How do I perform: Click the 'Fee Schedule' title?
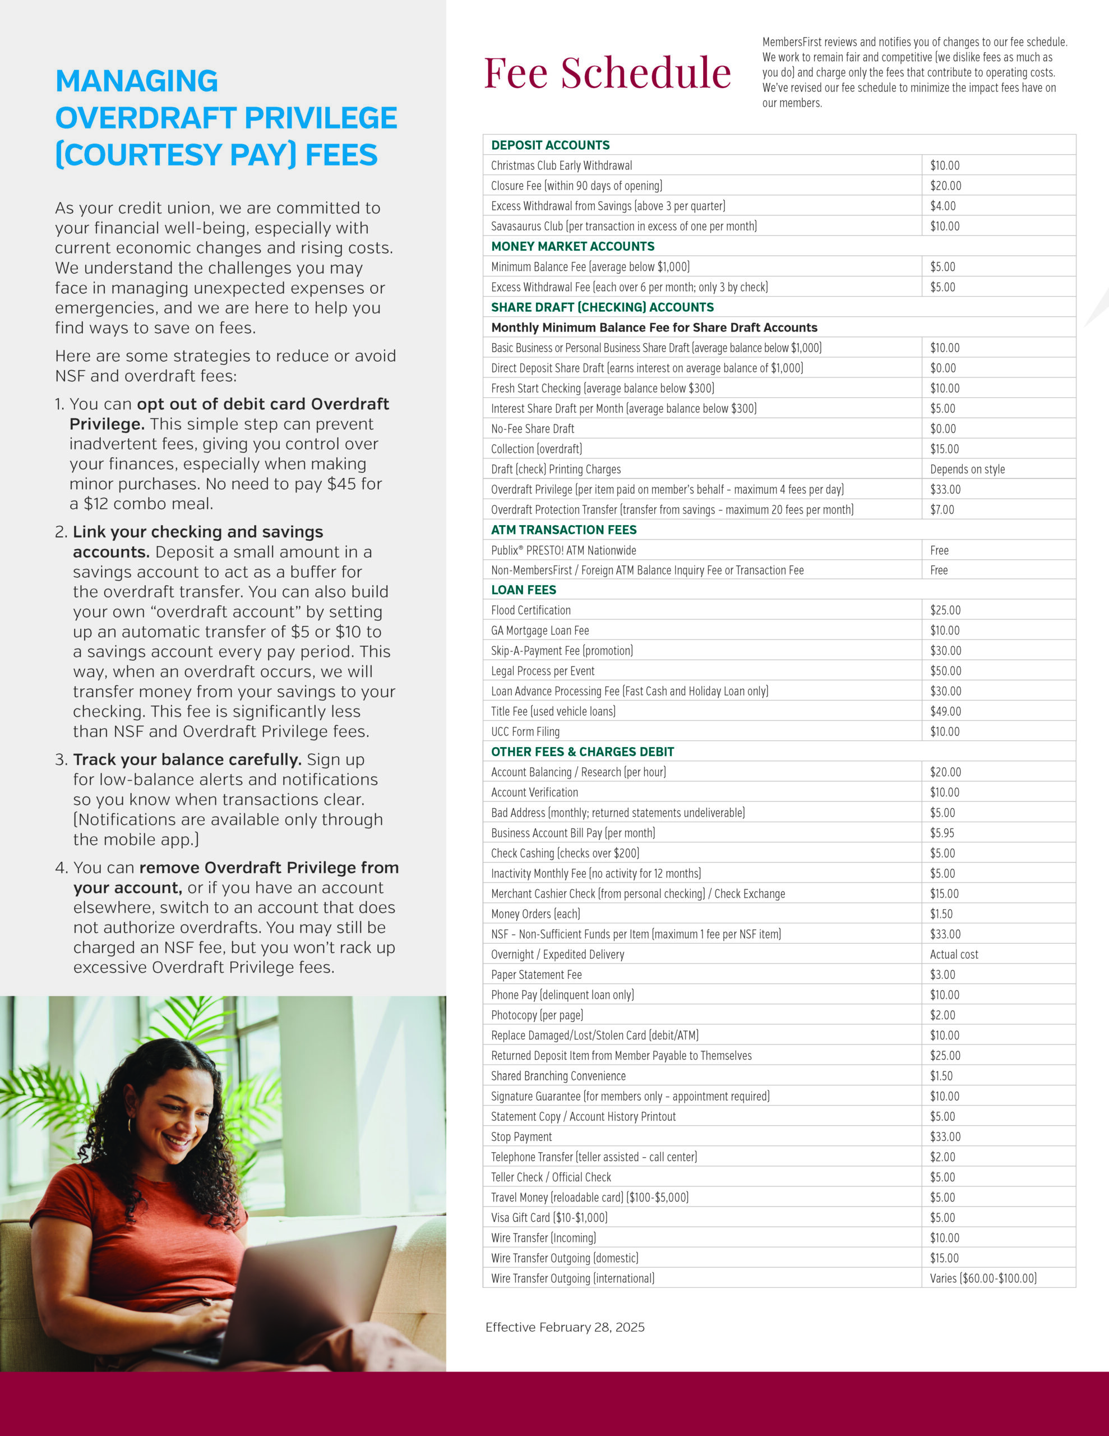(607, 72)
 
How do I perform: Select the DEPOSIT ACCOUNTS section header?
(550, 145)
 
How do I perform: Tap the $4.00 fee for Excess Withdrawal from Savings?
(942, 206)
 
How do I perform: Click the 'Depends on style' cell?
(967, 469)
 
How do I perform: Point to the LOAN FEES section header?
(523, 590)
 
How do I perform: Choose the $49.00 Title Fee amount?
(945, 711)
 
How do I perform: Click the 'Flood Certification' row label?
(530, 610)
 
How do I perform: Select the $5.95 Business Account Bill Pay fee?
(942, 832)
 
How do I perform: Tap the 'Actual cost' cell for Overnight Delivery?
(954, 954)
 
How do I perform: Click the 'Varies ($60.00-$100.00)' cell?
(983, 1278)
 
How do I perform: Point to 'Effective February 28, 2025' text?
(565, 1327)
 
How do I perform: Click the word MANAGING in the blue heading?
(137, 81)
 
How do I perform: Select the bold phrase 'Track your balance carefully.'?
(187, 760)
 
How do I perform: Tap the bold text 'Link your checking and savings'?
(198, 531)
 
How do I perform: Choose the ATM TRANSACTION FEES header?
(563, 530)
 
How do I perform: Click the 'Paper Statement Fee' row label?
(536, 974)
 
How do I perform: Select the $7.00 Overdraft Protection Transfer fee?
(942, 509)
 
